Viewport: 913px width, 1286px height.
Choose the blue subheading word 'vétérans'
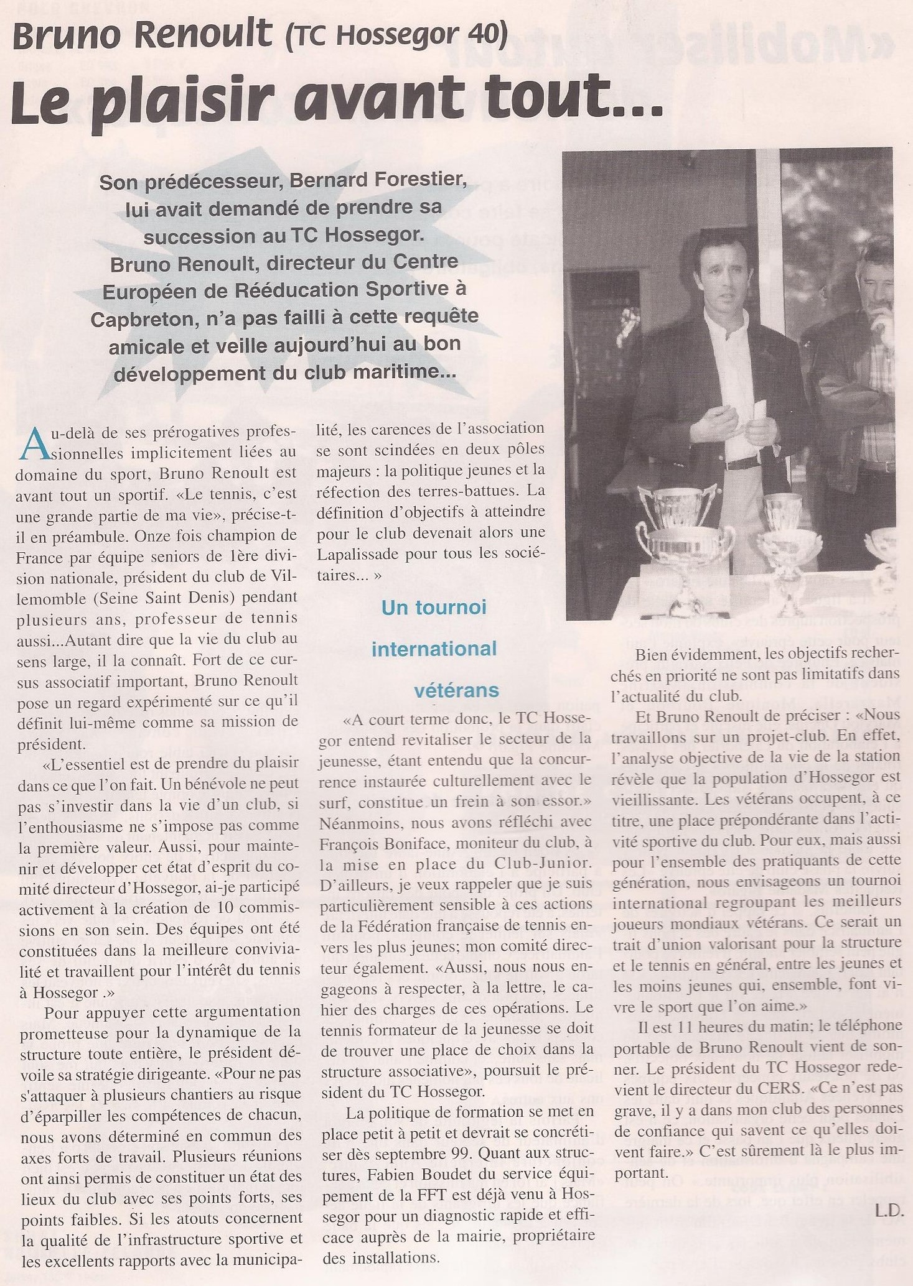pos(457,690)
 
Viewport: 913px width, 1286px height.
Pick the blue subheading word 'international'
pos(434,649)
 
